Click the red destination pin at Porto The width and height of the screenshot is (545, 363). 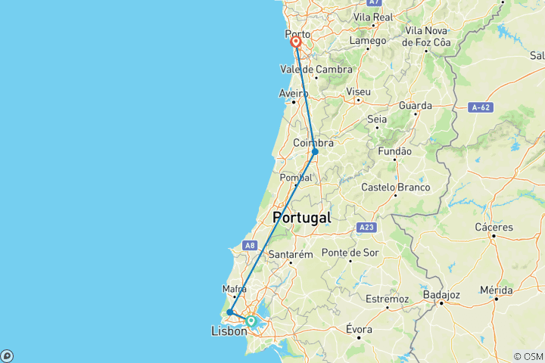[x=296, y=43]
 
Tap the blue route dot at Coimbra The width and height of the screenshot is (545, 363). [x=315, y=152]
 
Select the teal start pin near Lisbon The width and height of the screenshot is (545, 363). [x=251, y=321]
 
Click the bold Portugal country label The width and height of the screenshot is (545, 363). [x=301, y=217]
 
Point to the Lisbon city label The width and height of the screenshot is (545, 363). [x=228, y=331]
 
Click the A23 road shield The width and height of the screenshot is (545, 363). [x=367, y=227]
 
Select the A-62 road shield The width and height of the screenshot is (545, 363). [x=480, y=107]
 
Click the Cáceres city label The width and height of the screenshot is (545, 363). [x=494, y=227]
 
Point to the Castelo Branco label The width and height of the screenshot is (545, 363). [x=396, y=187]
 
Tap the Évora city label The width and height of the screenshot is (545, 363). [x=358, y=330]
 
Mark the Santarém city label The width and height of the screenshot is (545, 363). [x=291, y=255]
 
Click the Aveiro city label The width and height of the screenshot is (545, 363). [x=294, y=94]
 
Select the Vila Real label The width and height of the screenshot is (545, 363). [x=372, y=17]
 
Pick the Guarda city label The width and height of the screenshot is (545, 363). [x=415, y=106]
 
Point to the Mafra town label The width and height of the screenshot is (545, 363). [x=235, y=288]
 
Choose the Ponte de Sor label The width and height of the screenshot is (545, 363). [x=350, y=253]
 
